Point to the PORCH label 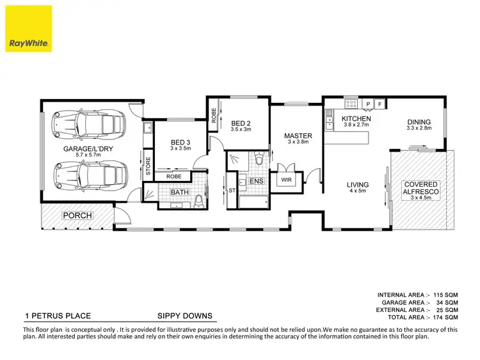pyautogui.click(x=77, y=215)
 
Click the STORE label pyautogui.click(x=147, y=166)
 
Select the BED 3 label pyautogui.click(x=180, y=143)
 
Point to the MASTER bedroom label pyautogui.click(x=298, y=136)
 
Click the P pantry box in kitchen pyautogui.click(x=369, y=104)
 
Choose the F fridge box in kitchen pyautogui.click(x=380, y=104)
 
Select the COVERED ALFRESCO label pyautogui.click(x=420, y=189)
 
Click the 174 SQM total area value pyautogui.click(x=445, y=317)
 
